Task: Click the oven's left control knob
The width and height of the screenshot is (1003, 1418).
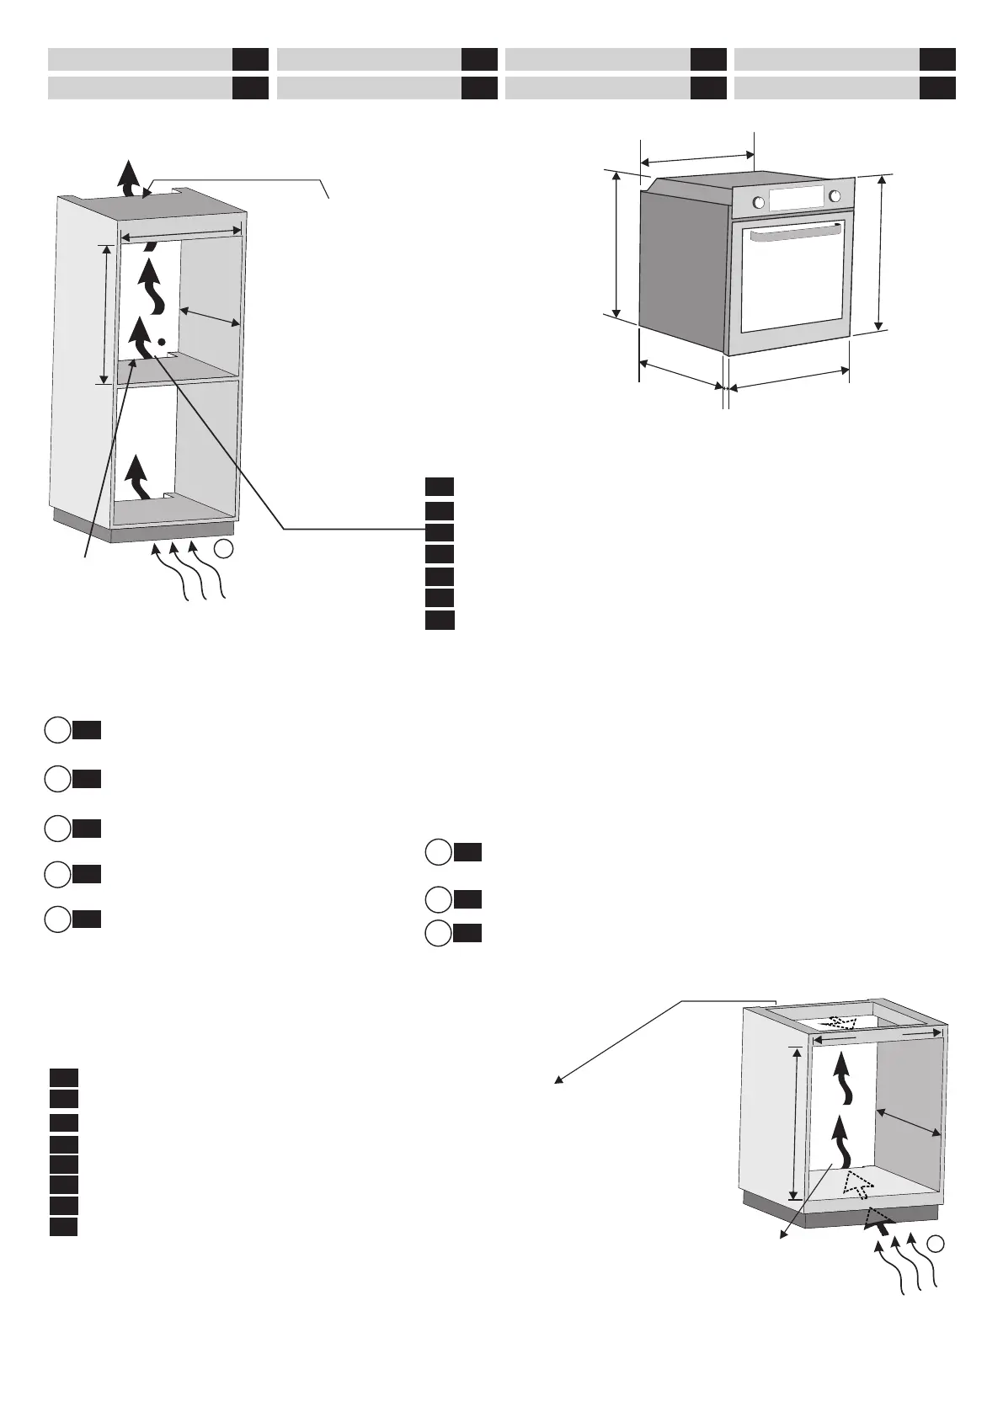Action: coord(758,202)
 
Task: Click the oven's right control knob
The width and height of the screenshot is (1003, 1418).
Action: coord(835,196)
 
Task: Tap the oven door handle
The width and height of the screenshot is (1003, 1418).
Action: coord(792,236)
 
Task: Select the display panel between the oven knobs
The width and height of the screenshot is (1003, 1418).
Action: coord(796,199)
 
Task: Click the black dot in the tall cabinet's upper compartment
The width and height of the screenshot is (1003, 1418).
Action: coord(161,342)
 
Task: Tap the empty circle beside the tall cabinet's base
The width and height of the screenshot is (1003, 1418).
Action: coord(222,549)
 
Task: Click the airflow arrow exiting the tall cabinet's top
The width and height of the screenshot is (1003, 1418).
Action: coord(128,177)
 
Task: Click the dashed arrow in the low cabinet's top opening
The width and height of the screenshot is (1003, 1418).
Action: coord(840,1022)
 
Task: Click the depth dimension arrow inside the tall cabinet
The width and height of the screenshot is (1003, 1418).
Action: coord(209,318)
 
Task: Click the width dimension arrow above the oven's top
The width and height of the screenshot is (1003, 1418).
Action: coord(697,157)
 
